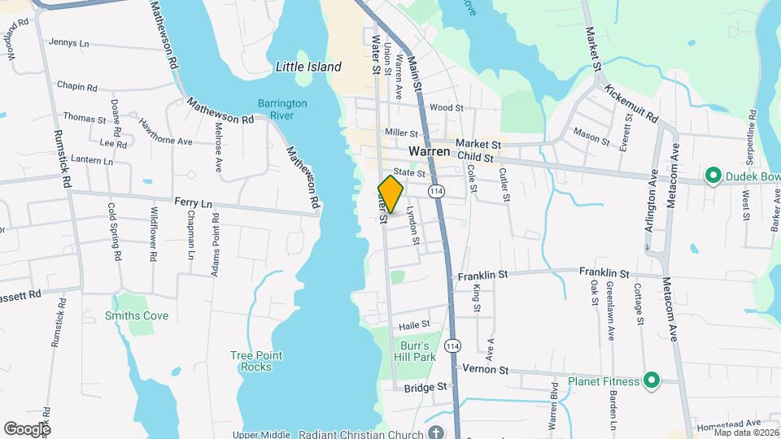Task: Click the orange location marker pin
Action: point(390,194)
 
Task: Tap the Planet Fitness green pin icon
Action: point(651,380)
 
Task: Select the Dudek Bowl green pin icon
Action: point(713,176)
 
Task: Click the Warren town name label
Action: point(429,151)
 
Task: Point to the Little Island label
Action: point(308,67)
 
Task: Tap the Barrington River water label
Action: point(282,109)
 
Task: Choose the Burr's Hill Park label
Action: point(418,350)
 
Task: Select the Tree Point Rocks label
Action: point(256,361)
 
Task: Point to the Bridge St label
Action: point(426,388)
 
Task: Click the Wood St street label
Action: point(447,107)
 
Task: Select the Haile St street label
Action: point(414,324)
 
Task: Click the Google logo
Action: point(27,428)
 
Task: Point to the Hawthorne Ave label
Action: point(165,133)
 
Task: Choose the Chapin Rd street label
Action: point(77,86)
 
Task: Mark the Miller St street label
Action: point(401,133)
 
